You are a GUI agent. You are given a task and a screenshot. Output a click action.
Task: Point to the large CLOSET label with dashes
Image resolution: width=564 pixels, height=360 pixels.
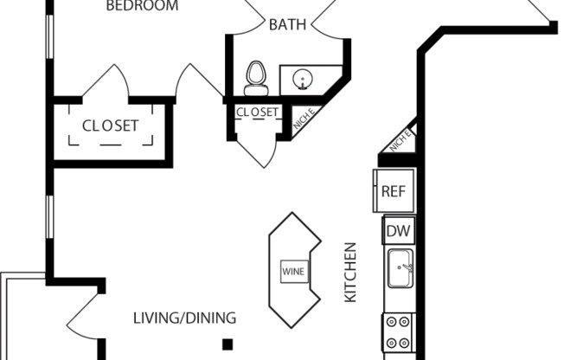tap(111, 125)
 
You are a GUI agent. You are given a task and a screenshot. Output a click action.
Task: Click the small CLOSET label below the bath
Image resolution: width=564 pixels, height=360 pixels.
tap(258, 112)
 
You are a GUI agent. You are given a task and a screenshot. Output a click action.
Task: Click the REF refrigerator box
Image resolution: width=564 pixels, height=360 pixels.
tap(394, 192)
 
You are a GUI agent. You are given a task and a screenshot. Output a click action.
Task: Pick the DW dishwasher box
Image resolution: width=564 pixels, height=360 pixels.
tap(397, 231)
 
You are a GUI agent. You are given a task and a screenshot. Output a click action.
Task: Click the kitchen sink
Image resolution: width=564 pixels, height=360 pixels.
tap(401, 269)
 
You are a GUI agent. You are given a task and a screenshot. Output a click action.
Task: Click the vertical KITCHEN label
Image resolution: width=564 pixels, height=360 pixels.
tap(351, 273)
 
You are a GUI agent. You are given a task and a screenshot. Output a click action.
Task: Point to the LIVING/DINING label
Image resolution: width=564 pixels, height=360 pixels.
tap(184, 318)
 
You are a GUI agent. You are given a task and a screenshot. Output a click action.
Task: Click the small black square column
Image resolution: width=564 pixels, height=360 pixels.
tap(228, 344)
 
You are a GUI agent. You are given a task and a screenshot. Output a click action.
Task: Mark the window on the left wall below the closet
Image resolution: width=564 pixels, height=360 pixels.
tap(49, 216)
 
